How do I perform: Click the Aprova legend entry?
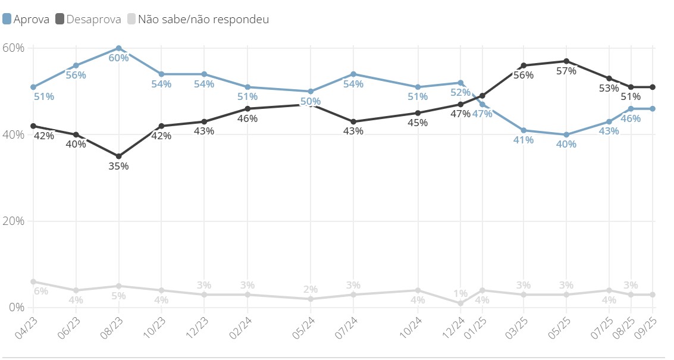click(x=26, y=19)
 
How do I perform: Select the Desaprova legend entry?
click(x=88, y=19)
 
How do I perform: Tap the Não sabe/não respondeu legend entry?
click(x=197, y=19)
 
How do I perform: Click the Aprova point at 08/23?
click(x=119, y=48)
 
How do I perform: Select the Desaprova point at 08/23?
click(x=119, y=156)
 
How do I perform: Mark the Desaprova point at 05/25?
click(x=566, y=61)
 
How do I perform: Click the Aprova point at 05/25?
click(x=566, y=134)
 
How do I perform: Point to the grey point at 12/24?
click(x=460, y=303)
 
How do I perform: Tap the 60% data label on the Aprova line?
click(x=118, y=58)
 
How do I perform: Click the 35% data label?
click(x=118, y=166)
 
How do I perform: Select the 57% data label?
click(x=566, y=71)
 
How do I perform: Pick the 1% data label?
click(x=460, y=293)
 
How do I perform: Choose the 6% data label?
click(x=41, y=291)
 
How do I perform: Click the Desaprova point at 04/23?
click(x=33, y=126)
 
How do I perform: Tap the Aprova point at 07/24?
click(x=353, y=74)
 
